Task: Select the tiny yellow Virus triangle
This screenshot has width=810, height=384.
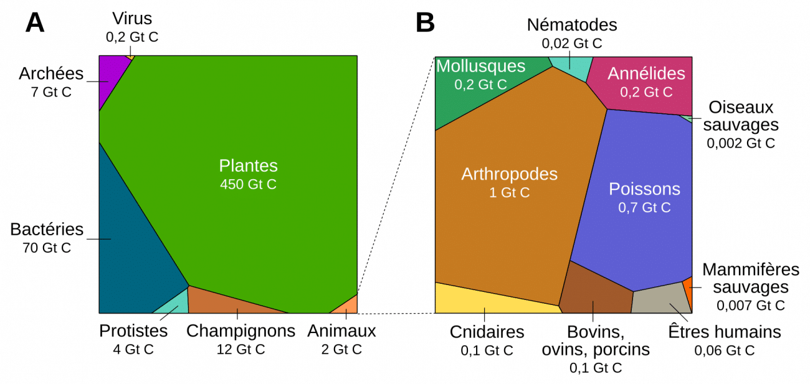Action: (x=130, y=57)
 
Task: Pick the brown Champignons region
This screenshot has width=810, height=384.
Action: (x=231, y=301)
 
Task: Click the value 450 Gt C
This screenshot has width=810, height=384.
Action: (x=248, y=185)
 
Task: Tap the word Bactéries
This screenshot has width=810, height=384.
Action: (x=47, y=229)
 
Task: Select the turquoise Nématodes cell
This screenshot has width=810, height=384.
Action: (x=569, y=67)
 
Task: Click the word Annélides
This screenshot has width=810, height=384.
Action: (x=646, y=73)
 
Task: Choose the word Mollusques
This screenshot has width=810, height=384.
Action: (x=480, y=66)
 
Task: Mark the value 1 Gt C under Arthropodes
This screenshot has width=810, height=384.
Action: (x=509, y=193)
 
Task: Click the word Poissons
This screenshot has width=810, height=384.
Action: (x=644, y=189)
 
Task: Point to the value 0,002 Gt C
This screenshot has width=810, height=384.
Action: (x=740, y=143)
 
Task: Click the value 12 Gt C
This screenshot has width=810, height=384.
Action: (x=241, y=350)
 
